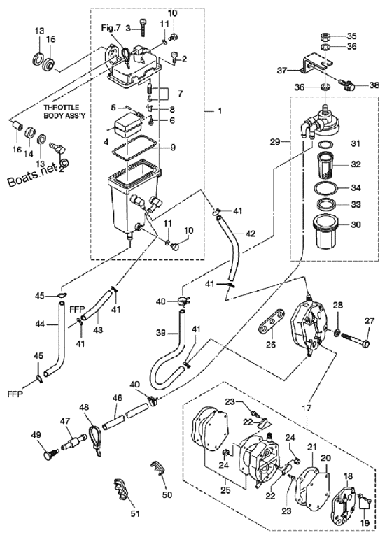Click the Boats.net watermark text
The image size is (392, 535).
[38, 173]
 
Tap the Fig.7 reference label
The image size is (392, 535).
[111, 28]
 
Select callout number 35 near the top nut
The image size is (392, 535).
[351, 36]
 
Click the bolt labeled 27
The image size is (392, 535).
[355, 338]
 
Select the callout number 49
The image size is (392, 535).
[36, 435]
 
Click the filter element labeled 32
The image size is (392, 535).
[325, 166]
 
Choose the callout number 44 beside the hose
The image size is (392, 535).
[40, 324]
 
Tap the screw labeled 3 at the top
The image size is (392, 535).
[142, 27]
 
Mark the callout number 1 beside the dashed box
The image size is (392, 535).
[220, 111]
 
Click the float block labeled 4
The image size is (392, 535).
[127, 126]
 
